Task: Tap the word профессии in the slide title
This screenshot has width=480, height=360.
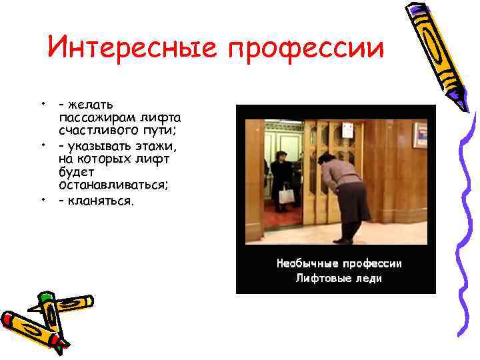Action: pos(307,49)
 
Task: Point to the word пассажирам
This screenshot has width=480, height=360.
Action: pos(96,115)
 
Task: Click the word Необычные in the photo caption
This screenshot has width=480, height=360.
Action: pos(307,263)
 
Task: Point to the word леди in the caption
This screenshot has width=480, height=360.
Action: pos(368,278)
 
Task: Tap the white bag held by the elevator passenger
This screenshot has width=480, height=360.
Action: pos(287,195)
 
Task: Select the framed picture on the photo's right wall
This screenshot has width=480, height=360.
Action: pos(420,135)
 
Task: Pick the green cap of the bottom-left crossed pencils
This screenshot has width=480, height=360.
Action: pos(46,296)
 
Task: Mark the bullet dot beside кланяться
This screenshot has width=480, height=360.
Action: pos(42,199)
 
